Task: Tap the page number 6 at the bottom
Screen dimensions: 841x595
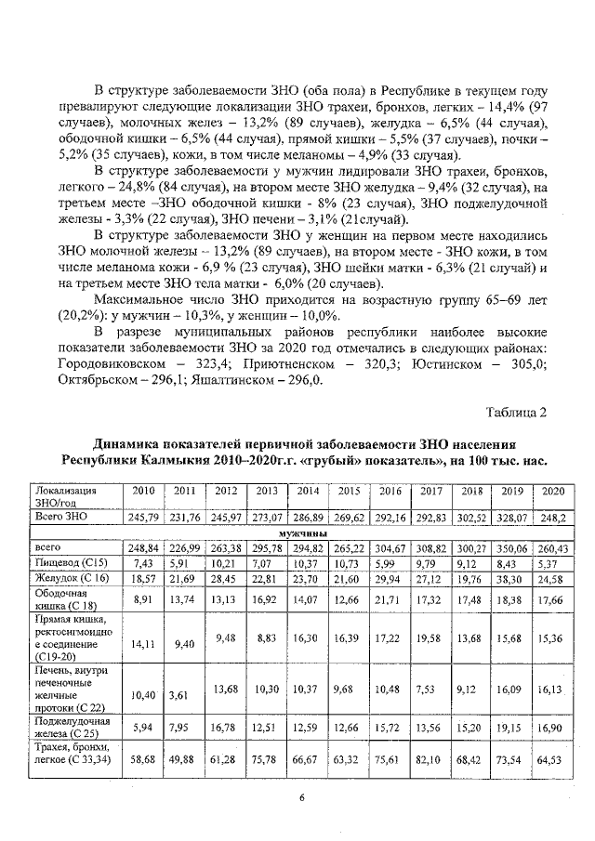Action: (x=301, y=796)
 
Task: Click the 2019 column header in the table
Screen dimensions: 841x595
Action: (x=510, y=491)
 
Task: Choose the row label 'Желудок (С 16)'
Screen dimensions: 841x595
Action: (x=68, y=578)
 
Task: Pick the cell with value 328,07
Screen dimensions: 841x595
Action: (x=510, y=517)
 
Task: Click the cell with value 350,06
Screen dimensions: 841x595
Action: (x=510, y=548)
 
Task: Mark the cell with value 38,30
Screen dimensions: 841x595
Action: (x=510, y=578)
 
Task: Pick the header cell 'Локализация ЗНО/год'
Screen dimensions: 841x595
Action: (x=66, y=494)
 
